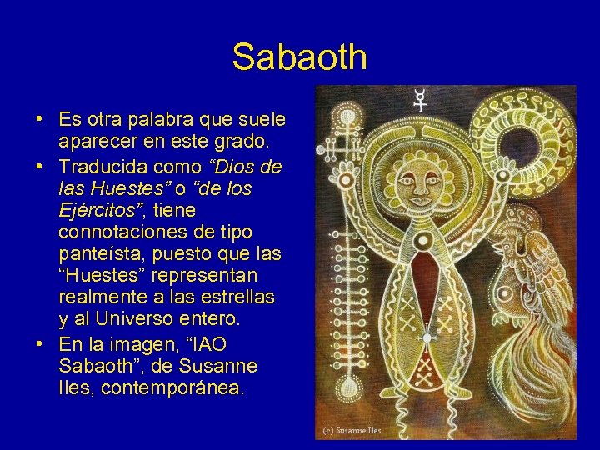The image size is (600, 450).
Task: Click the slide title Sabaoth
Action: (x=299, y=57)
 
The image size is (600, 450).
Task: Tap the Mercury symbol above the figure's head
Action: (x=422, y=101)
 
